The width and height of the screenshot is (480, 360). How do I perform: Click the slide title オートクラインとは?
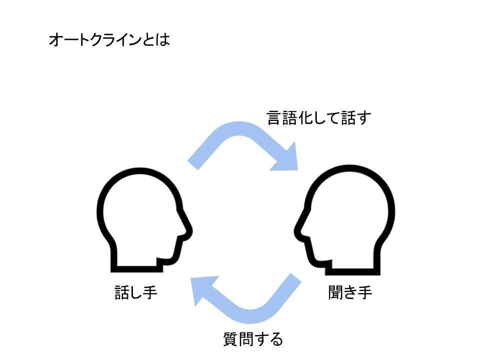[109, 40]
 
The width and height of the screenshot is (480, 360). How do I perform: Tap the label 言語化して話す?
[319, 118]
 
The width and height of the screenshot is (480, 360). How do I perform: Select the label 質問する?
[253, 339]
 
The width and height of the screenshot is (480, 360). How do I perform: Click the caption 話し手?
[136, 292]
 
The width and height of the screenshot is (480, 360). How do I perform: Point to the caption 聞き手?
[350, 292]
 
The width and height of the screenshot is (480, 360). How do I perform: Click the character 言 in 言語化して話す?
[273, 118]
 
